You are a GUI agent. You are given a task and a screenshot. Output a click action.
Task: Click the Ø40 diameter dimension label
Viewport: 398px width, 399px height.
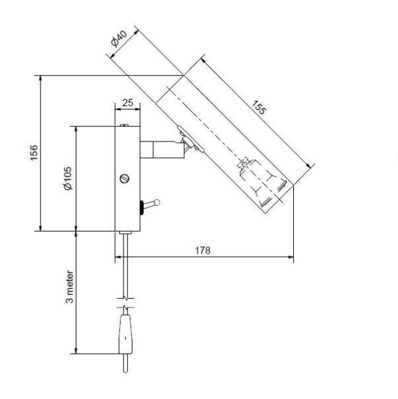pyautogui.click(x=119, y=39)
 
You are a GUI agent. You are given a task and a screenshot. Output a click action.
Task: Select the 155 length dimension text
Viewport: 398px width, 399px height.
pyautogui.click(x=259, y=108)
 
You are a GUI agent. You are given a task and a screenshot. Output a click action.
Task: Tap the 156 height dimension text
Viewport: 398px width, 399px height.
pyautogui.click(x=34, y=153)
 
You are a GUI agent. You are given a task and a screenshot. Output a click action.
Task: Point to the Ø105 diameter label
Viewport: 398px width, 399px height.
pyautogui.click(x=68, y=178)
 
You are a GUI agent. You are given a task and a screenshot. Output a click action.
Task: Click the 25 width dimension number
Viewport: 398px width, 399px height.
pyautogui.click(x=127, y=102)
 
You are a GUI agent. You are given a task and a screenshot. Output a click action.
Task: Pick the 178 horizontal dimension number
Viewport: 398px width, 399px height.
pyautogui.click(x=203, y=250)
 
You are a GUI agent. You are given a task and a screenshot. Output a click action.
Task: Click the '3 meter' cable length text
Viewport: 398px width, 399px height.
pyautogui.click(x=70, y=287)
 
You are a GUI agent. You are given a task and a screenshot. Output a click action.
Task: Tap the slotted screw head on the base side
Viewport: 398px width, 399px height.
pyautogui.click(x=124, y=179)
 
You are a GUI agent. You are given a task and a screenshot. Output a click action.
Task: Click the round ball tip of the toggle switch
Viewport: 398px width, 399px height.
pyautogui.click(x=157, y=202)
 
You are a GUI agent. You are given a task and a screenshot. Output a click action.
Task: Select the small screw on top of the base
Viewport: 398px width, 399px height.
pyautogui.click(x=124, y=125)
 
